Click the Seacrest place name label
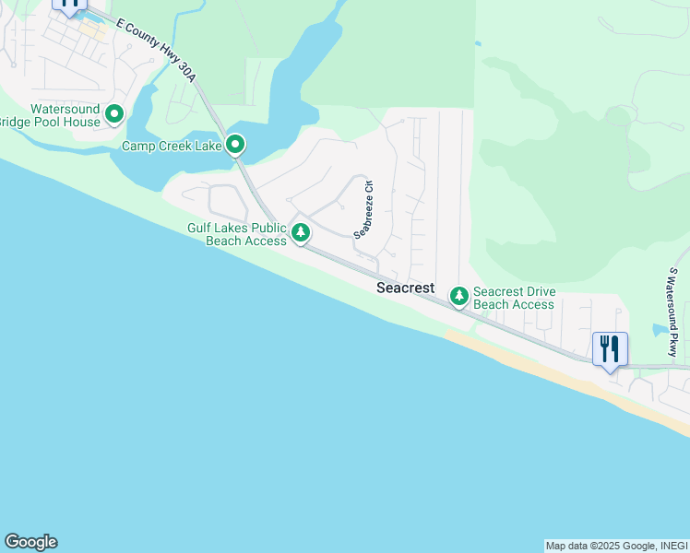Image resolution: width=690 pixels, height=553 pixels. pos(405,288)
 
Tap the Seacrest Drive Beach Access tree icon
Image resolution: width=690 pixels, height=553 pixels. pos(458,296)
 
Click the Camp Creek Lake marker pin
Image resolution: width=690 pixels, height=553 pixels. pos(235,145)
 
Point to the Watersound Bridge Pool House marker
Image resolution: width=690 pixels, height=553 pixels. pos(114,114)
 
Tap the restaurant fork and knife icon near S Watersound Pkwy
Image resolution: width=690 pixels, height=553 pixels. pos(609,349)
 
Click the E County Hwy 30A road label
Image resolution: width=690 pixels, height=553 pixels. pos(157,61)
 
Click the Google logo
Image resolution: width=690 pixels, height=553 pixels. pos(30,542)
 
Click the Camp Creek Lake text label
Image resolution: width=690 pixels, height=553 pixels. pos(172,146)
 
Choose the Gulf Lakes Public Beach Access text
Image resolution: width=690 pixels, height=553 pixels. pos(237,234)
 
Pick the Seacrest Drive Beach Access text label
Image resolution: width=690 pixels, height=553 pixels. pos(514,298)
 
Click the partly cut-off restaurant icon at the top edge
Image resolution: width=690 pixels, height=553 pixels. pos(70,5)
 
